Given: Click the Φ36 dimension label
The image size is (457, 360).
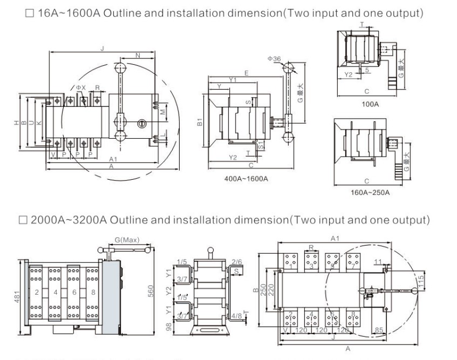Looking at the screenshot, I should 274,58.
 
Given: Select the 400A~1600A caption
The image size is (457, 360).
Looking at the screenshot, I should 246,179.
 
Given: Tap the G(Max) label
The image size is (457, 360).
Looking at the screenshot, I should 125,240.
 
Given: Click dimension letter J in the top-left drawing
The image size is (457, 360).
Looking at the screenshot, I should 101,49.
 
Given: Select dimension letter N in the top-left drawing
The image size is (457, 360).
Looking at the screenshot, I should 138,55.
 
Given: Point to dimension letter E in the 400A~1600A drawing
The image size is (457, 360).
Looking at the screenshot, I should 246,72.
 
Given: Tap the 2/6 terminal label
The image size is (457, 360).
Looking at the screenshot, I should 236,262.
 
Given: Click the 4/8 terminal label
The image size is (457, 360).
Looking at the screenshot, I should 236,316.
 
